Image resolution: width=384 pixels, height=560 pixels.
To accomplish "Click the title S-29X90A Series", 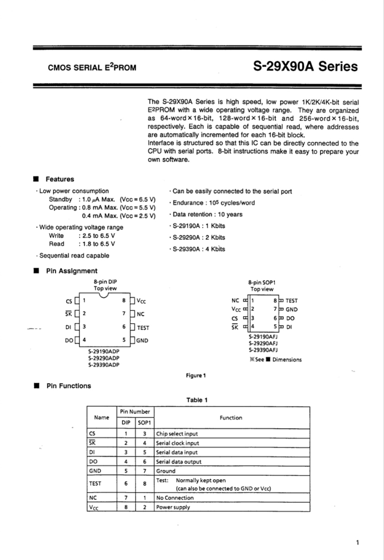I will click(x=305, y=67).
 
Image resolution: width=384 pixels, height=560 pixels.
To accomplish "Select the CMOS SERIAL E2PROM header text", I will click(x=92, y=67).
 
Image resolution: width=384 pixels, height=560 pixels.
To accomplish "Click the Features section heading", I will click(x=60, y=179).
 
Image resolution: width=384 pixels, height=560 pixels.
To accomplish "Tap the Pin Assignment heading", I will click(x=71, y=271).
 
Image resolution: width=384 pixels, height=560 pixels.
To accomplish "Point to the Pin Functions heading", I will click(x=68, y=386).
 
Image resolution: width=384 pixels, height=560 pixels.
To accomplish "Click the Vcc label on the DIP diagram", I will click(x=141, y=301).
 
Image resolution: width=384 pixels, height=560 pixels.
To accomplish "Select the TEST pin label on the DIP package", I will click(x=143, y=328).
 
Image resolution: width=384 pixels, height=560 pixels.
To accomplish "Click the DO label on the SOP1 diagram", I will click(x=290, y=318).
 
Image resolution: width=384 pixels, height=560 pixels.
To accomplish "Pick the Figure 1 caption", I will click(x=196, y=376).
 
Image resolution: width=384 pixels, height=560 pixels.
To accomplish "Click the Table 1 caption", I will click(x=197, y=400).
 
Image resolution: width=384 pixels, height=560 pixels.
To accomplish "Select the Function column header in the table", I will click(x=231, y=418).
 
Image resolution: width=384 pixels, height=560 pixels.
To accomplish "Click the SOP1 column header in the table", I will click(x=145, y=423).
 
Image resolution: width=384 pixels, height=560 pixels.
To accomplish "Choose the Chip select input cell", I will click(x=177, y=434).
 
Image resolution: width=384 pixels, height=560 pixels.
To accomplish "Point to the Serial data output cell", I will click(x=179, y=462).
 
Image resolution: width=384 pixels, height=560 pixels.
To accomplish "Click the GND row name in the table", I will click(x=95, y=471).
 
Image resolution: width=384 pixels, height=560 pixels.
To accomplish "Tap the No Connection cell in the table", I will click(x=175, y=498).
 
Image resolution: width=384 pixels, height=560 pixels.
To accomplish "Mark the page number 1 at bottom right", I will click(x=357, y=543).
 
